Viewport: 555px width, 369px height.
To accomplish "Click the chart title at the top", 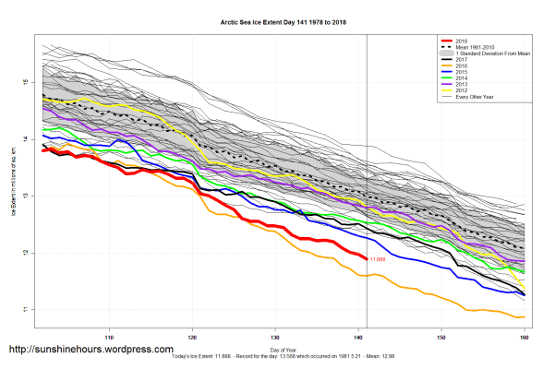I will tap(276, 18).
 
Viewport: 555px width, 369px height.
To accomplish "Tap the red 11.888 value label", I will tap(377, 259).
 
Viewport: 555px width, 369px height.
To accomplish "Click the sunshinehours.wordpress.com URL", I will tap(90, 350).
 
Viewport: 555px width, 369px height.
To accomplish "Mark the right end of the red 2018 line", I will tap(367, 258).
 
